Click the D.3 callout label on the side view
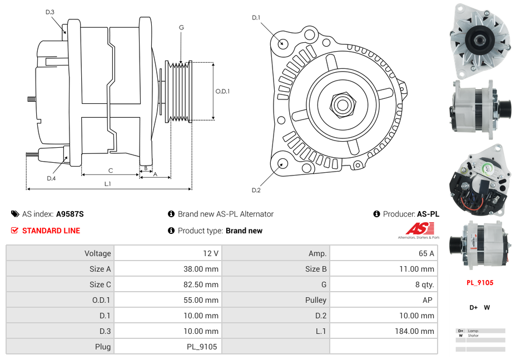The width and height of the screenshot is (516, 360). (x=50, y=12)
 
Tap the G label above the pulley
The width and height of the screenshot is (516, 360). (x=181, y=27)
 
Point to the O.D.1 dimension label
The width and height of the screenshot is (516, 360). (x=222, y=91)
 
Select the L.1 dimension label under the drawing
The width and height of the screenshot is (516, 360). (x=108, y=184)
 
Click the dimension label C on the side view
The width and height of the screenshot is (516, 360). (x=110, y=171)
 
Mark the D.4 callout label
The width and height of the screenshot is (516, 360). (x=51, y=178)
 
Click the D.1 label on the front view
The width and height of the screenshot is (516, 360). (x=256, y=18)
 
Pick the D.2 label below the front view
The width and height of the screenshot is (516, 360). (x=256, y=191)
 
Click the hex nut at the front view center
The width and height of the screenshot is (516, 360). (x=341, y=104)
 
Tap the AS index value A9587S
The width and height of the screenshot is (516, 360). (x=70, y=214)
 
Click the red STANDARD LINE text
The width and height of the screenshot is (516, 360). (x=51, y=231)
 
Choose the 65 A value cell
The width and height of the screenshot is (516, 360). (x=426, y=253)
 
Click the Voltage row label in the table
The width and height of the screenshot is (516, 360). (x=97, y=253)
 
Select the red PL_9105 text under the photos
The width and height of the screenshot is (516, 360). (x=480, y=282)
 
